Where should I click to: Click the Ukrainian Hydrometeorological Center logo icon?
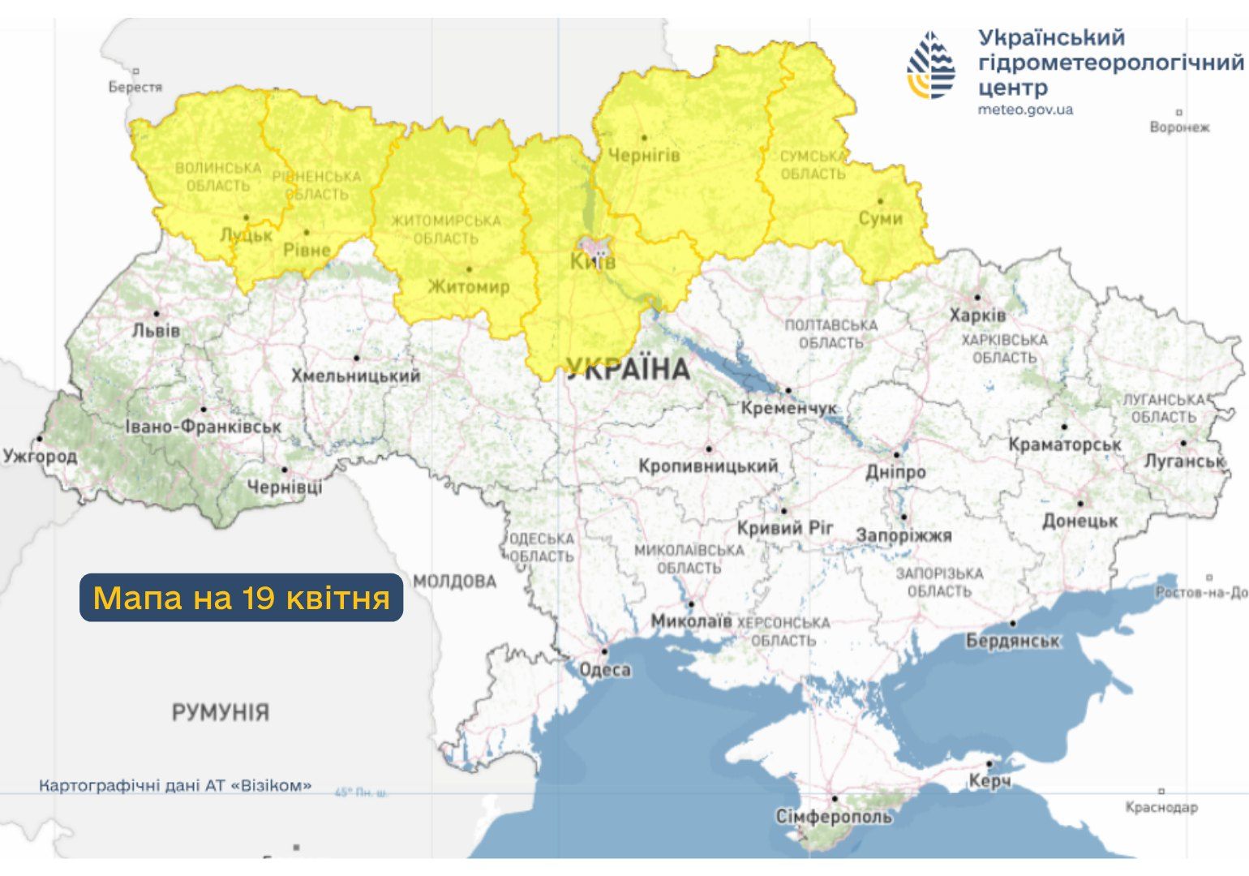coord(931,66)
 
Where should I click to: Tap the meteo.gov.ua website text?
coord(1025,109)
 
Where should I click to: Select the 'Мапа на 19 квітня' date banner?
coord(241,598)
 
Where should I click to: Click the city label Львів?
coord(157,331)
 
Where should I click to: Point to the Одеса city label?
coord(605,670)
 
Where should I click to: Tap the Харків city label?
coord(977,315)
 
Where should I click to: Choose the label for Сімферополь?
coord(834,816)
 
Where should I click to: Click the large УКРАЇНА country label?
coord(628,370)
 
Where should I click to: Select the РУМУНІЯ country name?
coord(220,713)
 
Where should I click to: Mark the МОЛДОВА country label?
coord(454,582)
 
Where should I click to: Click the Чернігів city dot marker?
coord(644,138)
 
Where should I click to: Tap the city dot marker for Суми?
coord(881,202)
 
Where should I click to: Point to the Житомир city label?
coord(468,286)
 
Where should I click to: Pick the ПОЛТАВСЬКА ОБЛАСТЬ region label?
coord(831,333)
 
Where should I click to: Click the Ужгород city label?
coord(40,456)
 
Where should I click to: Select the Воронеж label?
coord(1179,127)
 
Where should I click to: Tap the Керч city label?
coord(989,781)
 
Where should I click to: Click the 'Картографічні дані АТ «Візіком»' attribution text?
coord(175,786)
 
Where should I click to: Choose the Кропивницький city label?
coord(707,466)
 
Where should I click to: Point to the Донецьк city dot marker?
coord(1079,503)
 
